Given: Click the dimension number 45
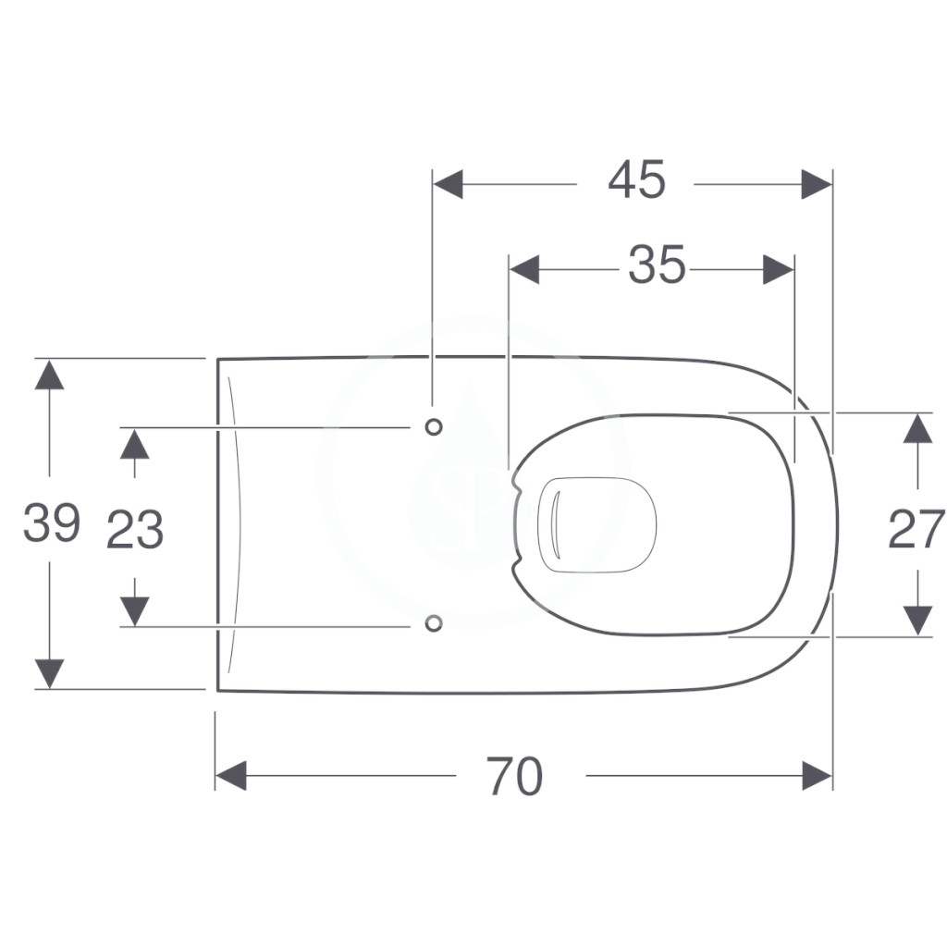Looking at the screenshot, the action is click(x=636, y=179).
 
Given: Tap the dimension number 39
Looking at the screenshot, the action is click(x=52, y=523).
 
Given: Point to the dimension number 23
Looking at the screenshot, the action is click(x=135, y=530).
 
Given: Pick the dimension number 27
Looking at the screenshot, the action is click(x=916, y=530).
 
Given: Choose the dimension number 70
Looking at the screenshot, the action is click(x=515, y=777).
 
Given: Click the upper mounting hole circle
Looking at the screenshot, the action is click(x=434, y=427).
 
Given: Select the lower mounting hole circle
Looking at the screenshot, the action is click(x=434, y=623).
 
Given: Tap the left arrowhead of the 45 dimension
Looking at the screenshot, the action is click(x=449, y=184).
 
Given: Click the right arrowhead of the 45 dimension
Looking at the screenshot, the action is click(x=818, y=184).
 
